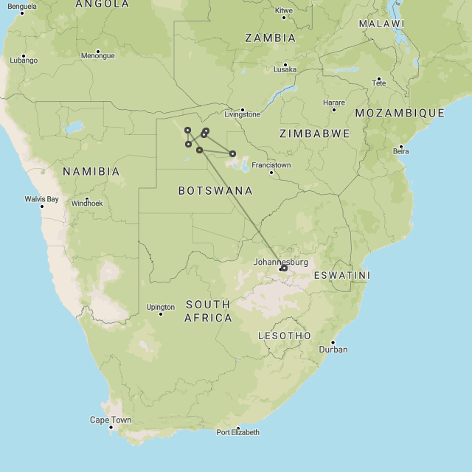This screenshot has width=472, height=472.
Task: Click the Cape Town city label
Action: click(x=111, y=420)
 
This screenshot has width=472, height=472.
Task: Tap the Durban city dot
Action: click(x=333, y=342)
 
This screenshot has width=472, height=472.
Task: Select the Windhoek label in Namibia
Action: click(x=87, y=203)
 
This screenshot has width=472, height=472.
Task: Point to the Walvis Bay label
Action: click(x=41, y=199)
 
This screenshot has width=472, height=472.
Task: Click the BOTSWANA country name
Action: click(x=215, y=190)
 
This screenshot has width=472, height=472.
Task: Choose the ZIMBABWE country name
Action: click(x=315, y=133)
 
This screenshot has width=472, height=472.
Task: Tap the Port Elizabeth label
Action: click(x=237, y=432)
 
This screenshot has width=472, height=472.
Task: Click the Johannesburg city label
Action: click(x=280, y=262)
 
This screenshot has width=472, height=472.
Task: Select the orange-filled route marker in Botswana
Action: click(x=199, y=150)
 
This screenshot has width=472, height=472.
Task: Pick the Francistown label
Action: click(x=271, y=165)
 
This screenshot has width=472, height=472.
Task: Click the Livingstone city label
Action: click(x=242, y=114)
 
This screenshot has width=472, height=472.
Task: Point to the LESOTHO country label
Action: click(x=285, y=336)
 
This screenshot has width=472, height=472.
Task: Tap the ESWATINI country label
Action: click(x=341, y=275)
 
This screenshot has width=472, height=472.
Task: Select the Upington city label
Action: click(x=161, y=307)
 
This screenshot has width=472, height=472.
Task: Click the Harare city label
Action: click(x=333, y=103)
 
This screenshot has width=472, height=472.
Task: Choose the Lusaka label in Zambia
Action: click(x=285, y=69)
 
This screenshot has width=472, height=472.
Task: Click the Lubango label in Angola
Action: click(x=24, y=60)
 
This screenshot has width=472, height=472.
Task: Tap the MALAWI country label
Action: click(x=382, y=24)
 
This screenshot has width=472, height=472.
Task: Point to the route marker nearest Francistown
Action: click(x=232, y=153)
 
